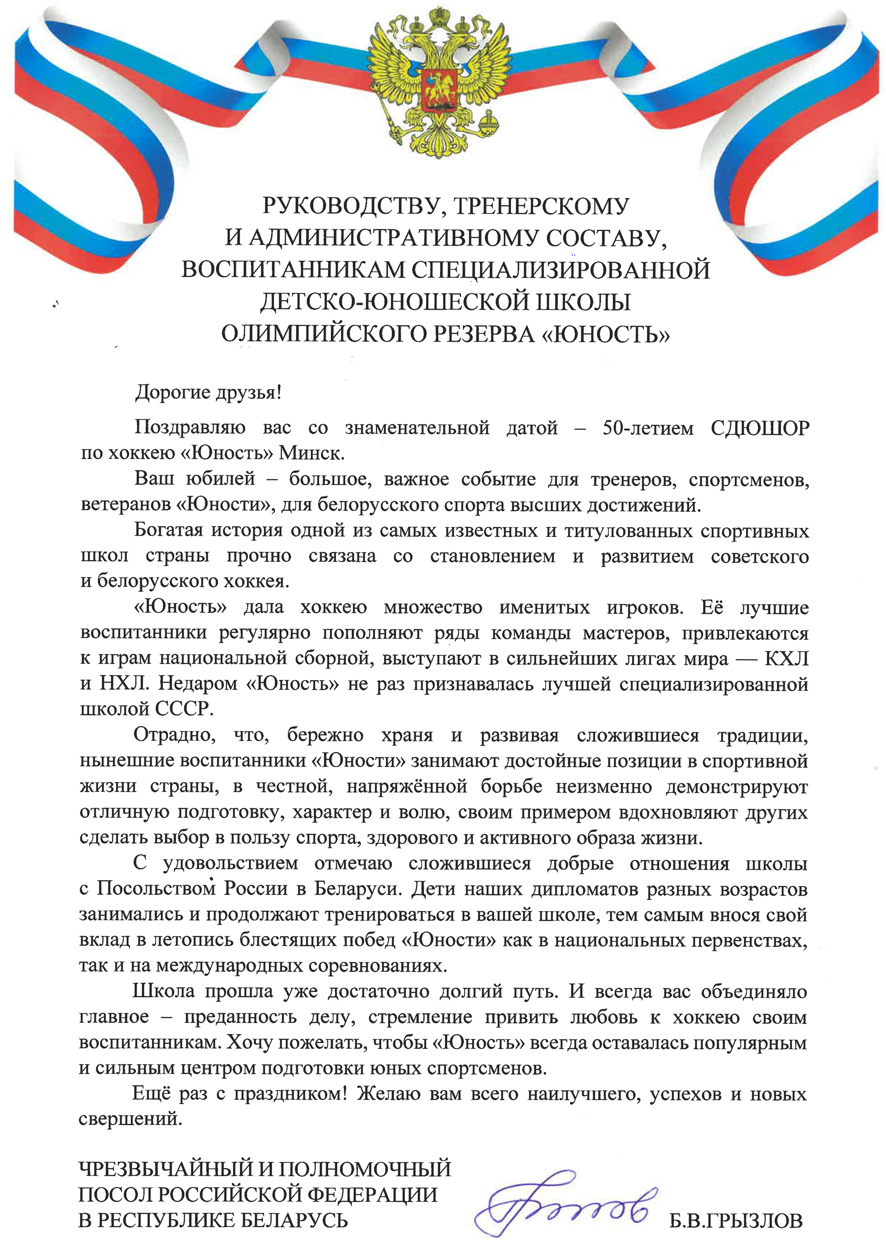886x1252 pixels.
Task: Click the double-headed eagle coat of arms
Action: (x=440, y=82)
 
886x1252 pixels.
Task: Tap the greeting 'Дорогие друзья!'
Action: (x=208, y=392)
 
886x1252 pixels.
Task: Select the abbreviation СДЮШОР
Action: (x=759, y=428)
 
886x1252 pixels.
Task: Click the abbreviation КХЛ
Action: (x=786, y=659)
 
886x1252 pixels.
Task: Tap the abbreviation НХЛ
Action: (x=123, y=684)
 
